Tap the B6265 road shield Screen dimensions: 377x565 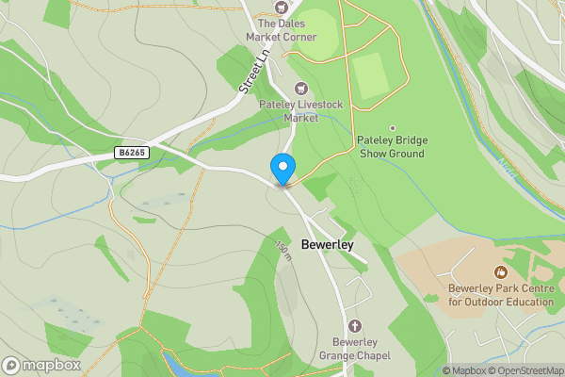[133, 152]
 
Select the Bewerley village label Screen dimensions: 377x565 [327, 245]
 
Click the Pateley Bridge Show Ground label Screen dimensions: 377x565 [391, 147]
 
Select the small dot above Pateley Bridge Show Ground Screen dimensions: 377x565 [392, 128]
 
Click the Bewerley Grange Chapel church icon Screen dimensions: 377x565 [354, 325]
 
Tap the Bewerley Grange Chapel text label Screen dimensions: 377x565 [354, 348]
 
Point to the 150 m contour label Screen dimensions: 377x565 [282, 253]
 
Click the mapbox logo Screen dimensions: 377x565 [40, 365]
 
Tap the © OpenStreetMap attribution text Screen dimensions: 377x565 [525, 370]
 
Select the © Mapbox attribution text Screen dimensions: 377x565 [463, 370]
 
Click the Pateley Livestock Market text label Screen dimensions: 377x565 [289, 111]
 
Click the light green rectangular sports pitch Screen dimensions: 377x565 [372, 75]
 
